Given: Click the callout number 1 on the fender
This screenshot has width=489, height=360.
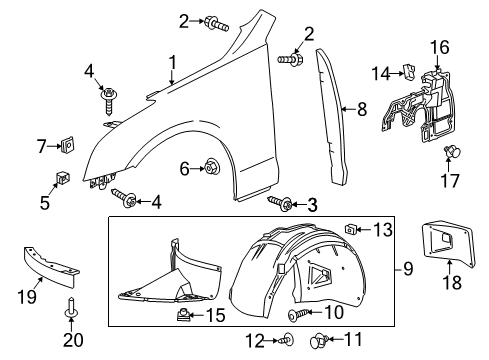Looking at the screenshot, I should point(173,67).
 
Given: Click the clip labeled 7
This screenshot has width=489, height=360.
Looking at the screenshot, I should point(67,147).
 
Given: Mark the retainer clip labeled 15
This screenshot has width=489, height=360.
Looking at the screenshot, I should point(186,315).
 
